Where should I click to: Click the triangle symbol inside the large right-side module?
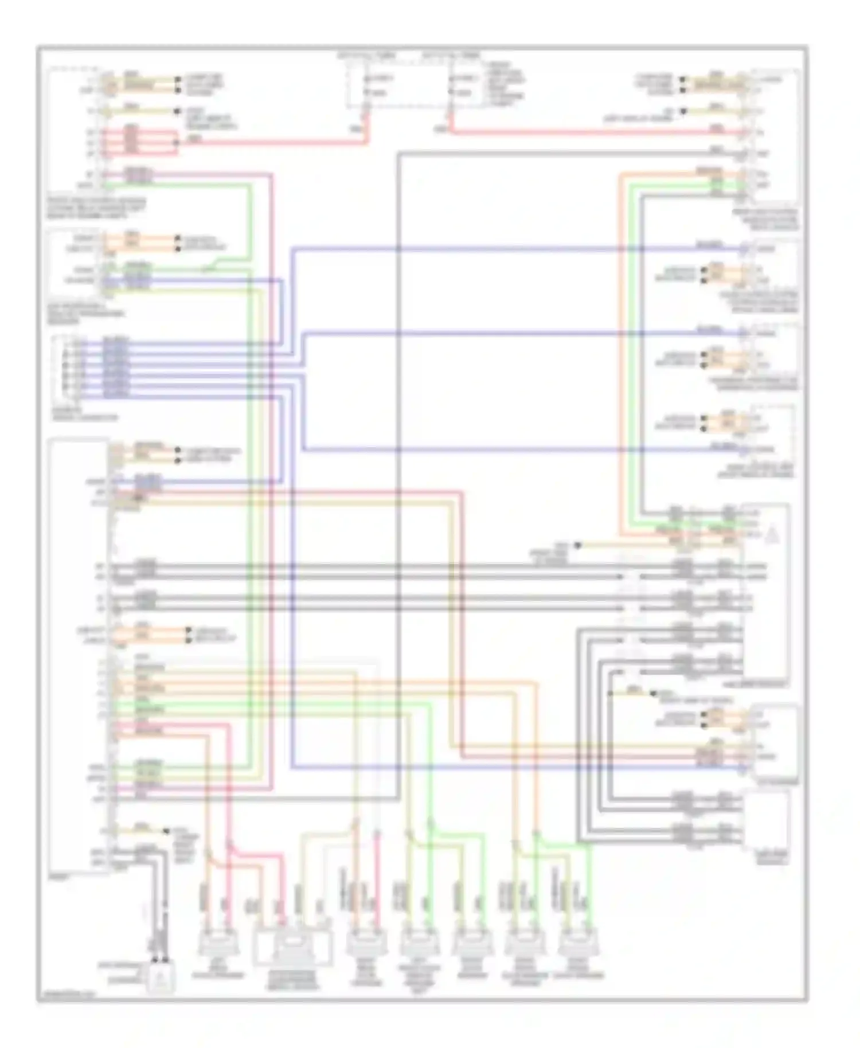coord(771,536)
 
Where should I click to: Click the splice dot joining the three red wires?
coord(177,139)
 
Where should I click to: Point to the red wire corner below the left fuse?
coord(367,141)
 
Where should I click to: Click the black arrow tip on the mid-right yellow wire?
coord(578,545)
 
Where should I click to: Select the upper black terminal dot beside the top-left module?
coord(178,79)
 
